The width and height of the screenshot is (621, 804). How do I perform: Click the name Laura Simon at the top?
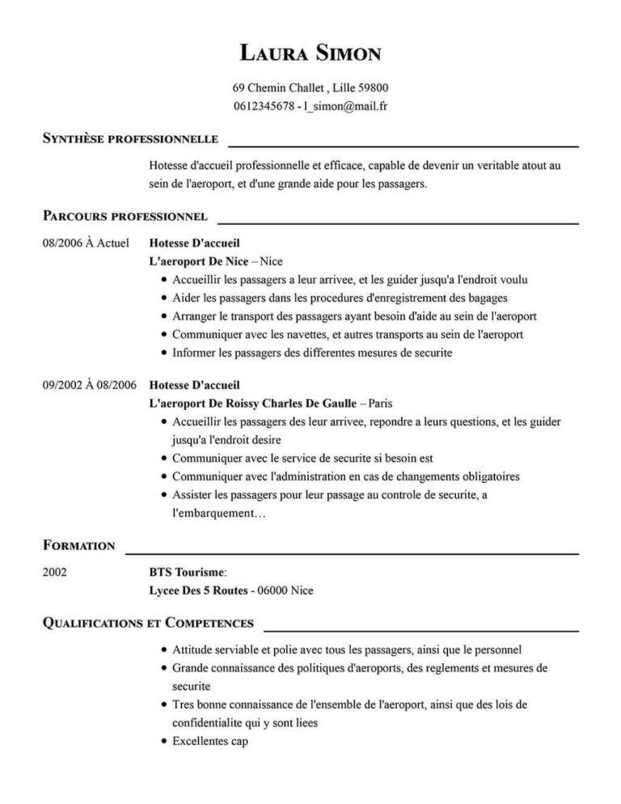pyautogui.click(x=310, y=54)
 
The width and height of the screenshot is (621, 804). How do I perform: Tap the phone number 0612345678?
pyautogui.click(x=263, y=106)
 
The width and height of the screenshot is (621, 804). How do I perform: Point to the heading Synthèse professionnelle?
pyautogui.click(x=130, y=139)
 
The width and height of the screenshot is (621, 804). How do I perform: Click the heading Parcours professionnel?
pyautogui.click(x=125, y=216)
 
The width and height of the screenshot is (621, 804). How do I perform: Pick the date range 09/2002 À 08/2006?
pyautogui.click(x=90, y=384)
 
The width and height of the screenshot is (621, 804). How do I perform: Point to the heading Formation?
pyautogui.click(x=78, y=545)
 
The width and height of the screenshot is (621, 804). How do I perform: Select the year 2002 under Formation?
pyautogui.click(x=54, y=572)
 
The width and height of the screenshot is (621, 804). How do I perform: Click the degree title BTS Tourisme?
pyautogui.click(x=187, y=572)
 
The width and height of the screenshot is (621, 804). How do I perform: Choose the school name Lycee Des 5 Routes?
pyautogui.click(x=198, y=590)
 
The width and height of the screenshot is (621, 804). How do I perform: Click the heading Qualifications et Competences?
pyautogui.click(x=148, y=623)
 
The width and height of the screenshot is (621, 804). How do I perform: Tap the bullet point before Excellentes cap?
pyautogui.click(x=164, y=742)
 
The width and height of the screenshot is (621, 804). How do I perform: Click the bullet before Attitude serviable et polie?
pyautogui.click(x=164, y=650)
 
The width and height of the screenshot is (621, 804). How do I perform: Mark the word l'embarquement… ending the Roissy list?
pyautogui.click(x=219, y=514)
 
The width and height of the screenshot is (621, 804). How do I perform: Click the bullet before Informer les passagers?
pyautogui.click(x=164, y=353)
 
